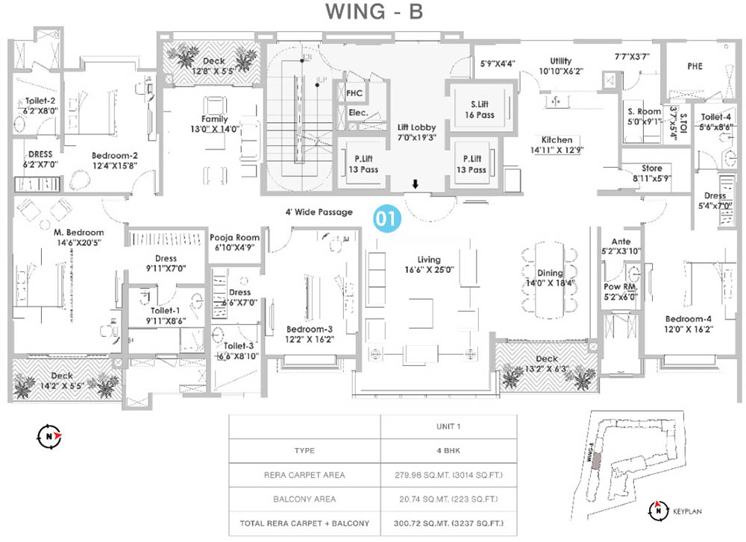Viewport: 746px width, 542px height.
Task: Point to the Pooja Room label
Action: click(x=234, y=243)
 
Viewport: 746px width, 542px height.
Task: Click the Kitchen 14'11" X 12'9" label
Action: click(x=557, y=145)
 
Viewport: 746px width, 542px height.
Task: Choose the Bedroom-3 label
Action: click(x=308, y=333)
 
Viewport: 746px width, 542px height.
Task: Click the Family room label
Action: click(x=214, y=124)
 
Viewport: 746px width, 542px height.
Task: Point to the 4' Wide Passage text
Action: click(x=319, y=212)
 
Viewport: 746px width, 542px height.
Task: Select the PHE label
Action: click(x=695, y=66)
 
